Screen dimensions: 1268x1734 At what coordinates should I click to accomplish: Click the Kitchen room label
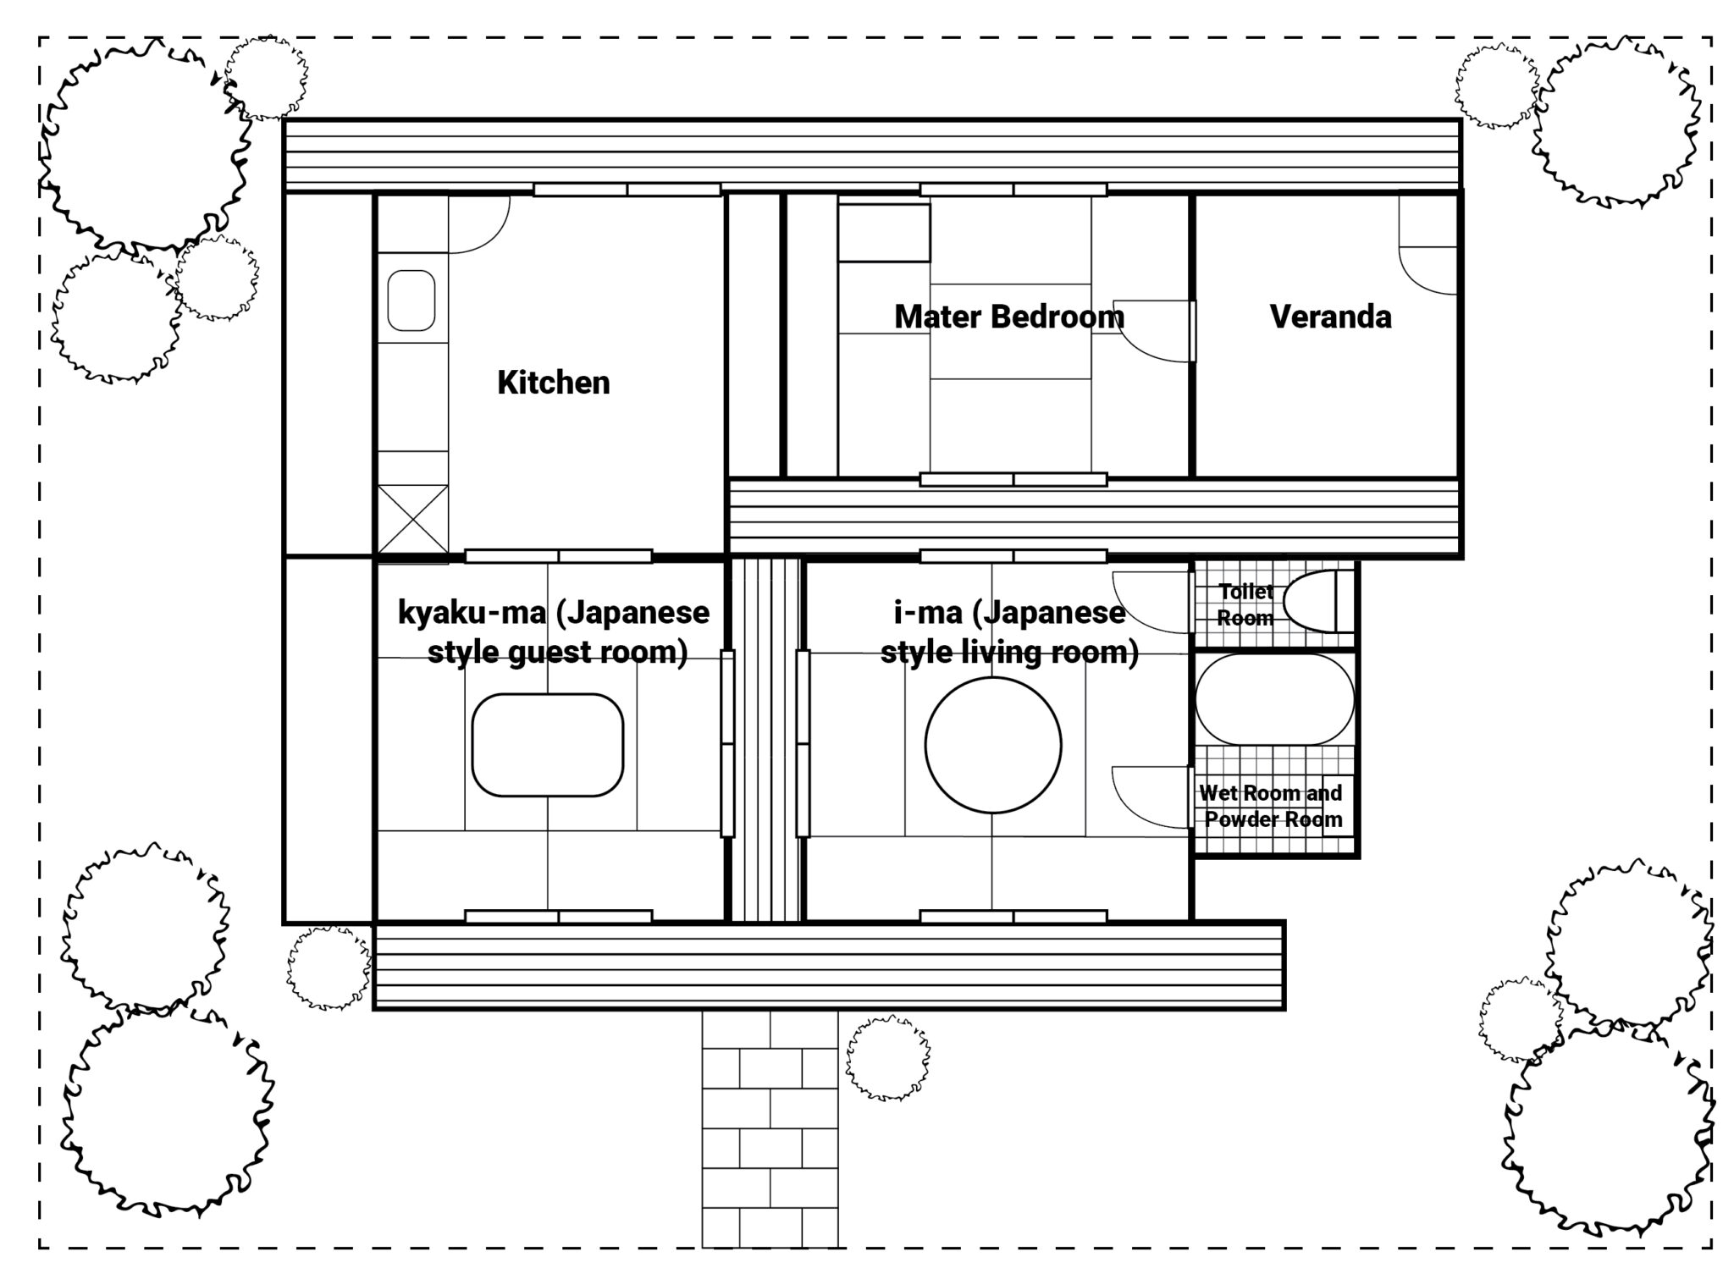(x=553, y=383)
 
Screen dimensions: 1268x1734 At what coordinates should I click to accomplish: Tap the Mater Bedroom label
(x=1009, y=317)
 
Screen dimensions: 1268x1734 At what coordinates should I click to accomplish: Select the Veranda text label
(x=1330, y=317)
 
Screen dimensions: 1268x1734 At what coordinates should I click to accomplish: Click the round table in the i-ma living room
(x=992, y=745)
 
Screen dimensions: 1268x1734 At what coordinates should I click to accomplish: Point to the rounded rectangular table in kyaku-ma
(x=547, y=745)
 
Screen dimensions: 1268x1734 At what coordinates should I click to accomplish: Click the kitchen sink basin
(x=411, y=300)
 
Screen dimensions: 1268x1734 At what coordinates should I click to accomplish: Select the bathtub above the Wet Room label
(x=1274, y=699)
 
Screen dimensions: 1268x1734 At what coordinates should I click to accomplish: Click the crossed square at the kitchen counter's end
(x=412, y=519)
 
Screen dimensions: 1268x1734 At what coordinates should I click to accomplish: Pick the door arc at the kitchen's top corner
(x=478, y=224)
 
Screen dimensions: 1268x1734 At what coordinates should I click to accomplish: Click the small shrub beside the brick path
(x=888, y=1058)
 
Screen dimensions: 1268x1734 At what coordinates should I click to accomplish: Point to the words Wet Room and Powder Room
(x=1272, y=806)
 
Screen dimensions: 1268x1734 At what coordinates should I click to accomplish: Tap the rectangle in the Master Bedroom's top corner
(x=884, y=232)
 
